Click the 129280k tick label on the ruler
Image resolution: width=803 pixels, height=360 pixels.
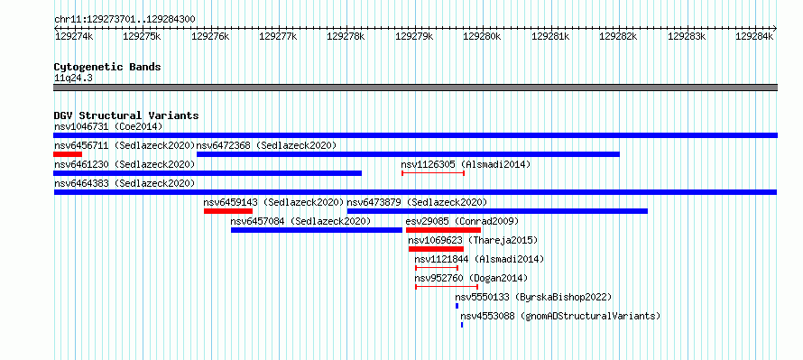tap(481, 36)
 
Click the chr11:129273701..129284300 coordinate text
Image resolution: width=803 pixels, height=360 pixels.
tap(125, 19)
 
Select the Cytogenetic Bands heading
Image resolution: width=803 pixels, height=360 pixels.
tap(107, 67)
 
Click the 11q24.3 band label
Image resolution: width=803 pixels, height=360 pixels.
tap(73, 78)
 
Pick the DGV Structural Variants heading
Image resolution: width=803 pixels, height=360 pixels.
tap(126, 115)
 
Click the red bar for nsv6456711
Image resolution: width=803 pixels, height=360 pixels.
tap(68, 154)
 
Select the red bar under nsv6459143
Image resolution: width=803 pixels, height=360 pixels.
tap(228, 211)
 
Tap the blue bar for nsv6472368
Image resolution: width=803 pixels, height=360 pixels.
tap(408, 154)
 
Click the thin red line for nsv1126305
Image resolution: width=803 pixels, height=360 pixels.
tap(433, 173)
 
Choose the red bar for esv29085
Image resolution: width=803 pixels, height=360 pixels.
tap(443, 230)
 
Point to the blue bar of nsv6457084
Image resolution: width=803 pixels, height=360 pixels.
tap(317, 230)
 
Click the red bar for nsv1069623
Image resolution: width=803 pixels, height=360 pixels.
tap(436, 249)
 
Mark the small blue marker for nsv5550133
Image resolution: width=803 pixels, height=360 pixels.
tap(457, 306)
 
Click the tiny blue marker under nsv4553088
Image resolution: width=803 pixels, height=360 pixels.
tap(462, 325)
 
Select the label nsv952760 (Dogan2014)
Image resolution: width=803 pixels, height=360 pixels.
tap(471, 278)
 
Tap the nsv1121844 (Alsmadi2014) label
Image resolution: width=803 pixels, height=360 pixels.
tap(479, 259)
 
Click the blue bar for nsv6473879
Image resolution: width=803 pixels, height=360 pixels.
tap(497, 211)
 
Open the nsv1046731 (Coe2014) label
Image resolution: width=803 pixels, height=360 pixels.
tap(108, 126)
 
